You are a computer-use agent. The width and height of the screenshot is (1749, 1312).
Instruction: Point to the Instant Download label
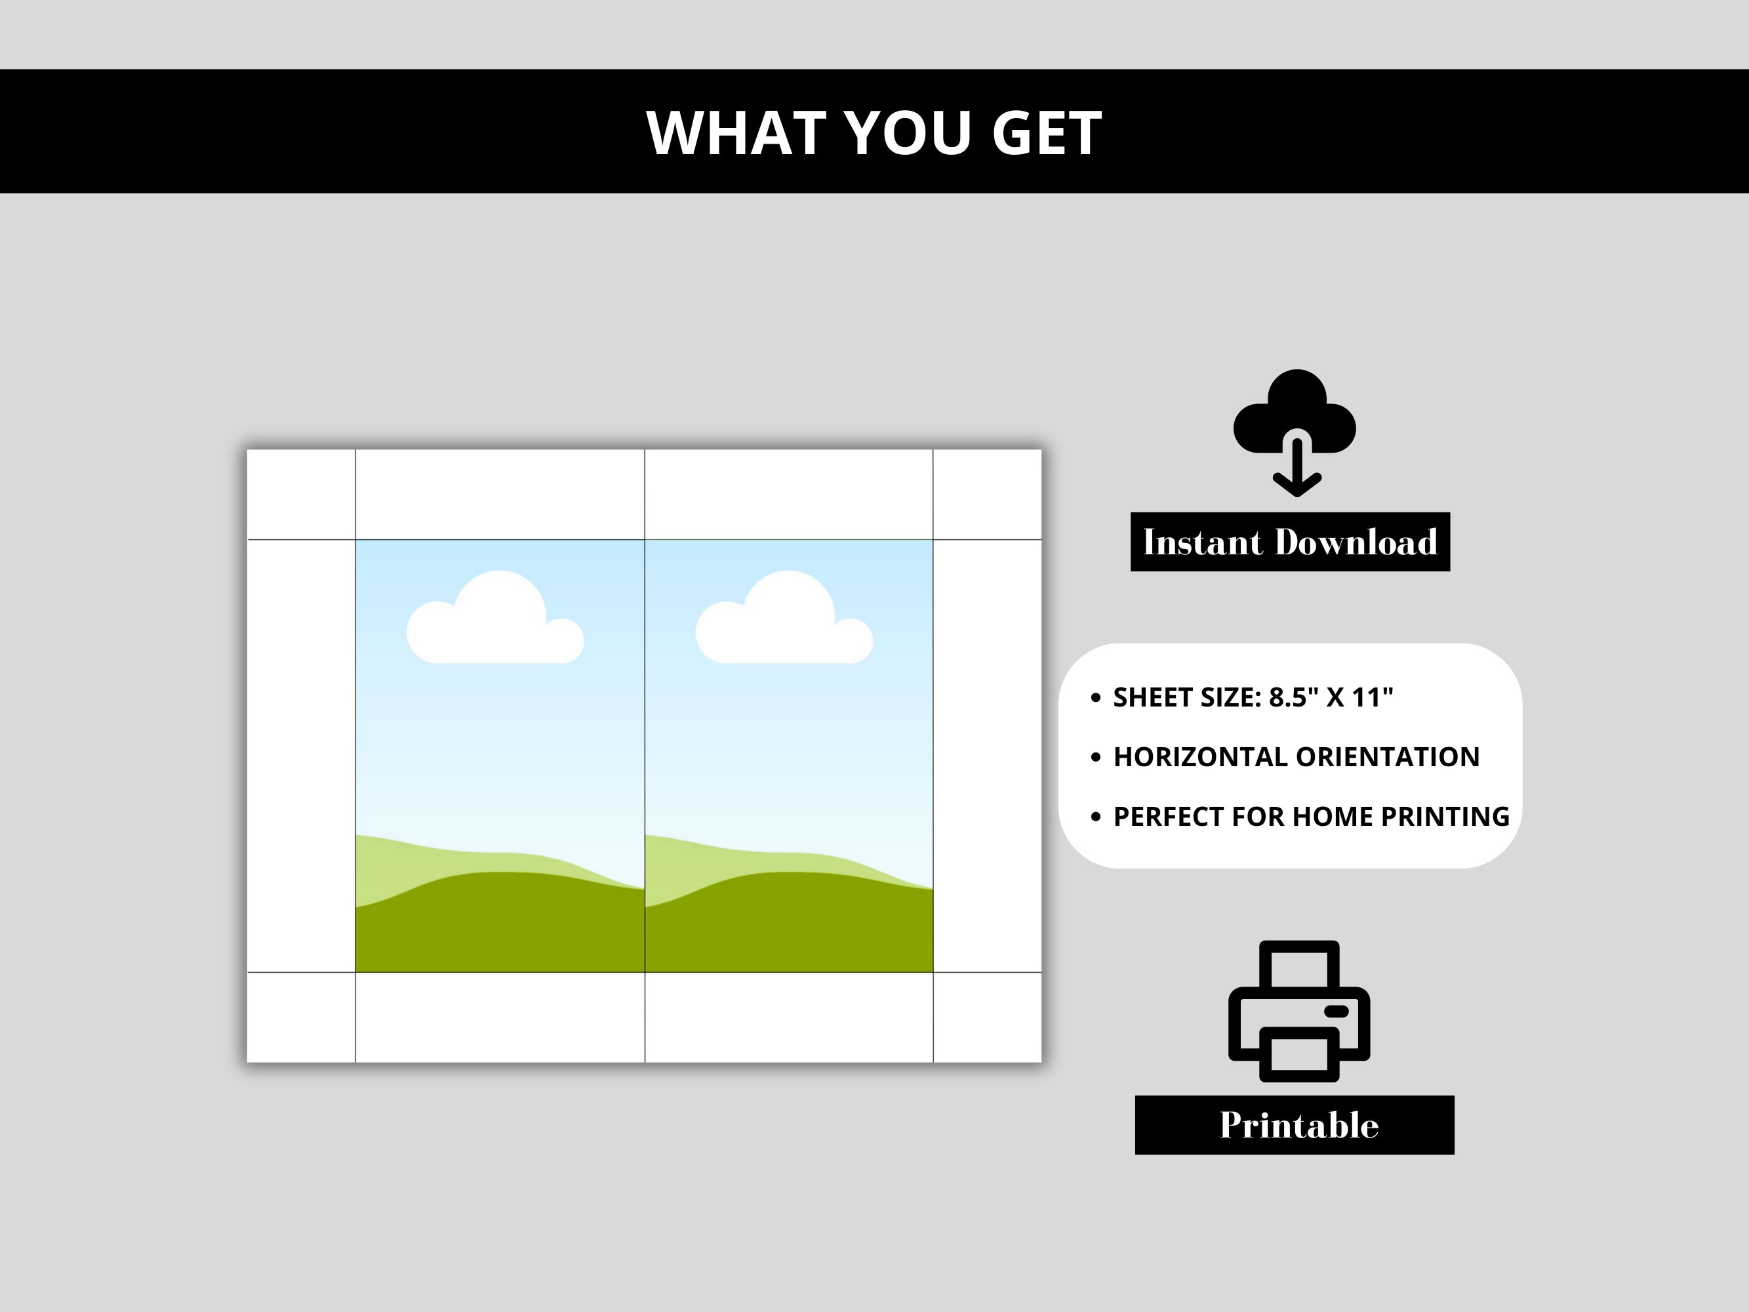(x=1291, y=542)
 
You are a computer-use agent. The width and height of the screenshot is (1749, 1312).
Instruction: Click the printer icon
(x=1299, y=1011)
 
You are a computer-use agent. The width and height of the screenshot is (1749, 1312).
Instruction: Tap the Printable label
(x=1295, y=1124)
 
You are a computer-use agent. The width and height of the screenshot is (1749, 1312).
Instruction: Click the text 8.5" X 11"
(x=1331, y=697)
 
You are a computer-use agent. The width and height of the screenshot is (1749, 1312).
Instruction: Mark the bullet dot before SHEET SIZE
(x=1095, y=697)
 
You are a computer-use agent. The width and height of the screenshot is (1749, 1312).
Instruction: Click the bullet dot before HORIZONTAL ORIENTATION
(x=1095, y=758)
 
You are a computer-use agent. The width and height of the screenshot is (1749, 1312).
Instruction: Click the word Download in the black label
(x=1356, y=543)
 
